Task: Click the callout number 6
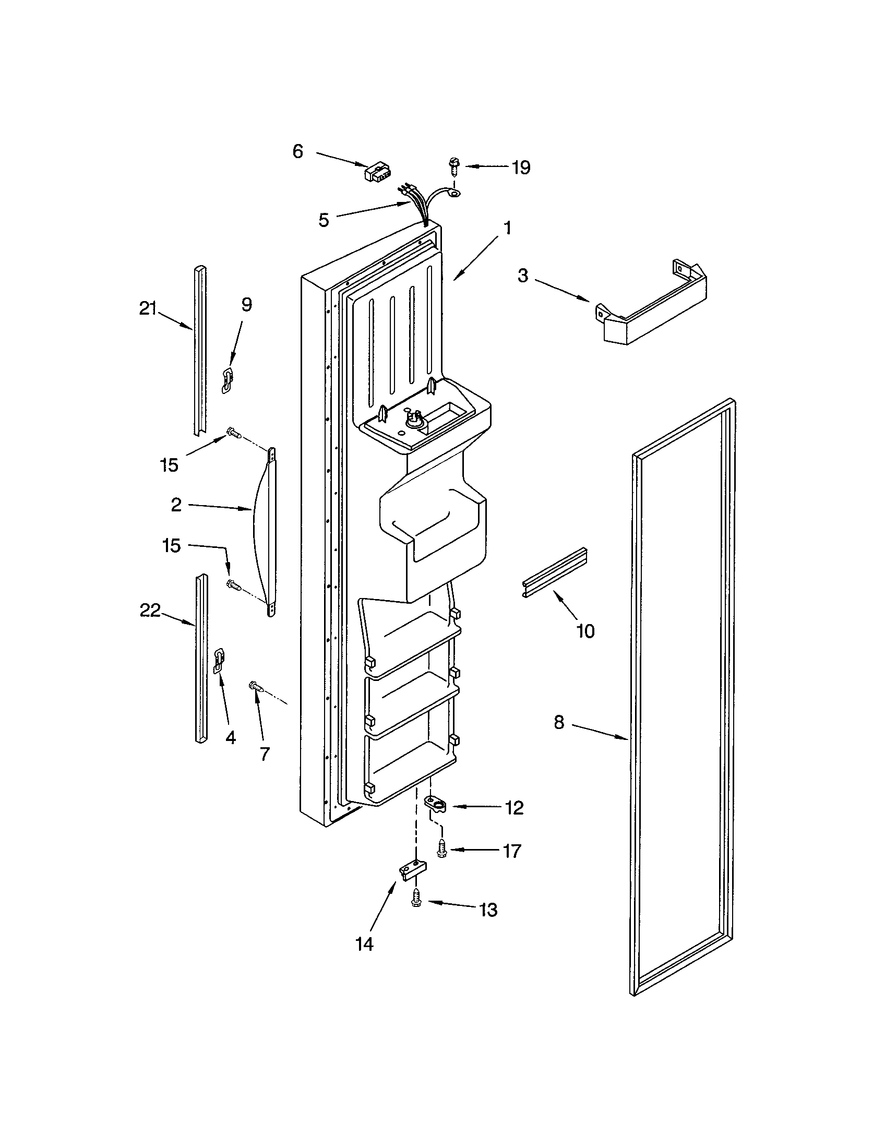click(297, 152)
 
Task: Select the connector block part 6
click(376, 172)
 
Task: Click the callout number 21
click(148, 309)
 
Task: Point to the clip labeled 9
click(227, 380)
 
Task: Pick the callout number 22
click(150, 611)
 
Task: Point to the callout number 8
click(559, 722)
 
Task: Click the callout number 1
click(507, 228)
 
